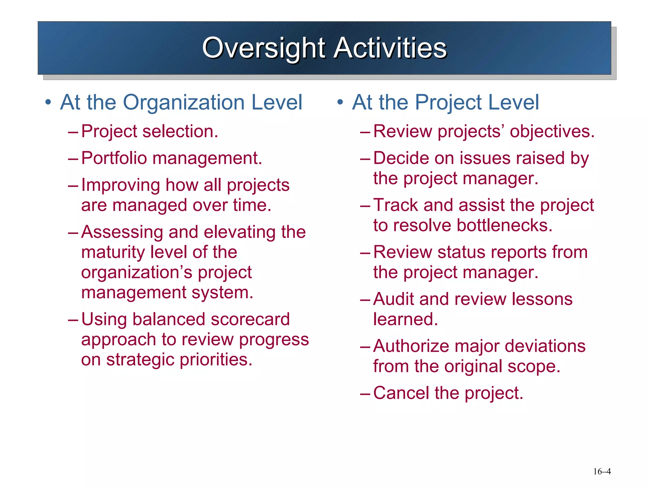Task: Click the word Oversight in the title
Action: [x=263, y=48]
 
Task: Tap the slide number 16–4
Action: [x=602, y=471]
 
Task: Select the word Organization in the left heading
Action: [x=183, y=103]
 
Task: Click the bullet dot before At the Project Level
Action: [x=340, y=102]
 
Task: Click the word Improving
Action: [x=120, y=185]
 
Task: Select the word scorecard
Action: [x=250, y=319]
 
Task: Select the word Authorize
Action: [x=411, y=346]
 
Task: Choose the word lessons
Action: [x=542, y=299]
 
